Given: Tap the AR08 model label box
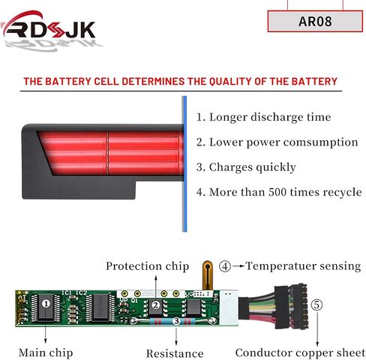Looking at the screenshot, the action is (x=315, y=21).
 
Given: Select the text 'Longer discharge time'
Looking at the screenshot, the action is (x=270, y=117).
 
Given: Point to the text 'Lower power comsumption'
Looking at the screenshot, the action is (x=283, y=142).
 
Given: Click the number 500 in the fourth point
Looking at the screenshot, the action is (x=277, y=192).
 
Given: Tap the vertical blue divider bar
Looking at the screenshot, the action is (x=184, y=164).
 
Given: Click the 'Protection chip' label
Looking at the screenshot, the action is (x=147, y=266).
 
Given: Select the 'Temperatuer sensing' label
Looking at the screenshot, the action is (x=303, y=266).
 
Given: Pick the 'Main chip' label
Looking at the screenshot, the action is (x=46, y=352).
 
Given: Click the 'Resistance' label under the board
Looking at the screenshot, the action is (x=175, y=353).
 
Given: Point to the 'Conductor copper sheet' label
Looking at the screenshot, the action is (x=300, y=352).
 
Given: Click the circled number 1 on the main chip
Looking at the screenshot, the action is (x=46, y=304).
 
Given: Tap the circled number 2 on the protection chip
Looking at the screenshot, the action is (x=156, y=305).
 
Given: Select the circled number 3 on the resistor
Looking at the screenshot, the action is (x=176, y=321).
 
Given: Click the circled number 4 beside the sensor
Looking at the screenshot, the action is (x=225, y=266).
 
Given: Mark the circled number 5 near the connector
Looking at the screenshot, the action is (x=316, y=305).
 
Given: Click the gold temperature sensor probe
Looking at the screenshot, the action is (x=207, y=275).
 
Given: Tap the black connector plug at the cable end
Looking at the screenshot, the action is (x=291, y=307).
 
